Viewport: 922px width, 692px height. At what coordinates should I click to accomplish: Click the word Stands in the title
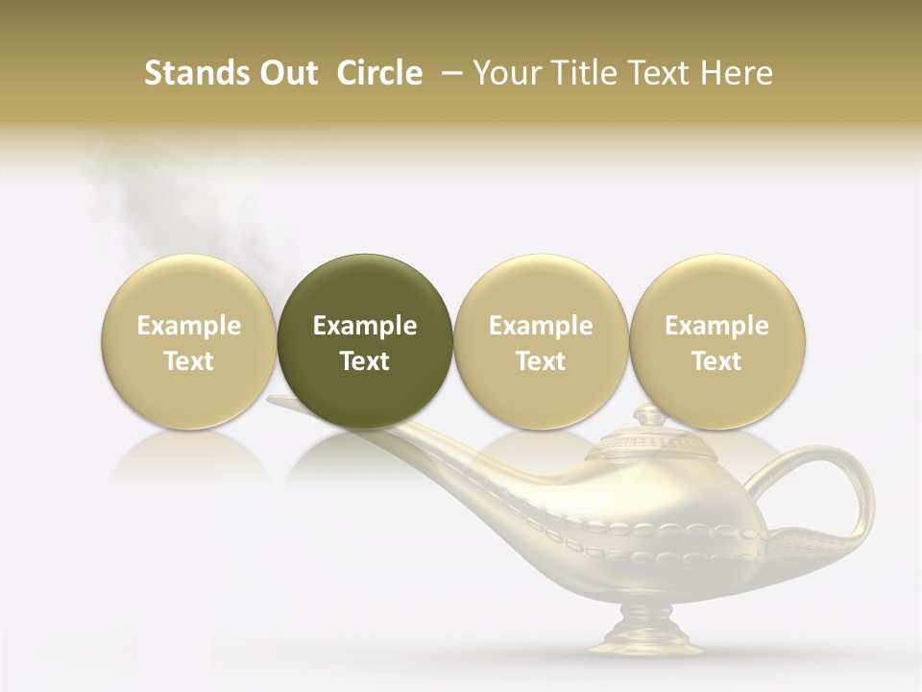tap(191, 73)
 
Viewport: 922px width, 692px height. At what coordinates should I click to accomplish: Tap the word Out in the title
tap(286, 73)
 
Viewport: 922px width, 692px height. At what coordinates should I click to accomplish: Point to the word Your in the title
tap(508, 73)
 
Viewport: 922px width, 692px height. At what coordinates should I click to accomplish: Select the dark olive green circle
tap(365, 341)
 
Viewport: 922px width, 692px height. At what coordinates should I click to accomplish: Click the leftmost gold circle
tap(188, 341)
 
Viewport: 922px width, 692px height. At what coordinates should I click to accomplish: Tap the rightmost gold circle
tap(716, 341)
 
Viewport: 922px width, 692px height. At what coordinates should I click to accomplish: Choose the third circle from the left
tap(541, 341)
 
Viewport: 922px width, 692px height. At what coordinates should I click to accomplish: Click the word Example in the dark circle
tap(365, 326)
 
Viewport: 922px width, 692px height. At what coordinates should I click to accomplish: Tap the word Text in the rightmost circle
tap(716, 361)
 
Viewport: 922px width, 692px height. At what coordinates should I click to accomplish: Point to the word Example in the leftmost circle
tap(188, 326)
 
